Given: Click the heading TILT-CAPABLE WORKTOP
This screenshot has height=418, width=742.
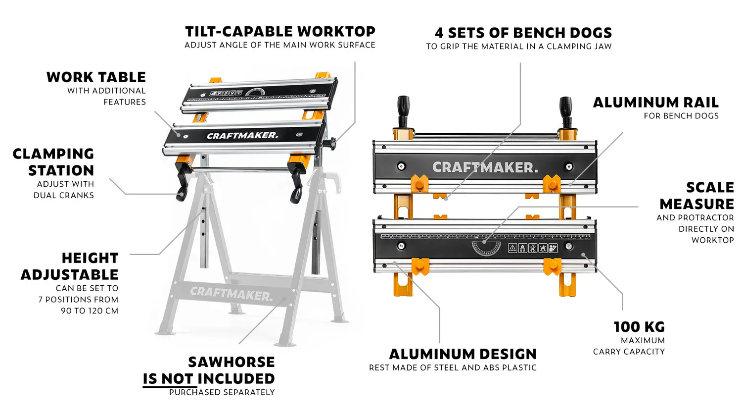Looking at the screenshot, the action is click(x=280, y=32).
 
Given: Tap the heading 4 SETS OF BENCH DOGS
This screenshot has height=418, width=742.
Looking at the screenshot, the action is click(x=523, y=33).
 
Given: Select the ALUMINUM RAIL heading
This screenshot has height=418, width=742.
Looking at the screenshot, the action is click(x=656, y=102).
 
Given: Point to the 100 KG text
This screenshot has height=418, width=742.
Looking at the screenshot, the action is click(x=639, y=327).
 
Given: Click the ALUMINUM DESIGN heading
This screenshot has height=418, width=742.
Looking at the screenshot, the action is click(x=463, y=354).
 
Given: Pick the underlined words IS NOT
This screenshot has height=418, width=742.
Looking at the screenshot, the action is click(x=168, y=378).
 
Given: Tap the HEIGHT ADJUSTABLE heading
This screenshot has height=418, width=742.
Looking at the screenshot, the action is click(x=70, y=266).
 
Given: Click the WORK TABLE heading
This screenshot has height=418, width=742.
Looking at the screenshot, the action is click(x=96, y=77).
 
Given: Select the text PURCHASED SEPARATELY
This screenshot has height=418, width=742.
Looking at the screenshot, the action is click(x=222, y=392).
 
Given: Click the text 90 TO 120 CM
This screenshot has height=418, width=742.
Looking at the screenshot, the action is click(x=90, y=311).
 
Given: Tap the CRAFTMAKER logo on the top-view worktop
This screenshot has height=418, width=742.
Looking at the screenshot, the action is click(x=485, y=167).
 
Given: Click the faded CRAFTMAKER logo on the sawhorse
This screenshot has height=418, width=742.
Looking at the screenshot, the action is click(x=231, y=294).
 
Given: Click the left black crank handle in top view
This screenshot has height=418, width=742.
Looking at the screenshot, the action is click(x=404, y=112).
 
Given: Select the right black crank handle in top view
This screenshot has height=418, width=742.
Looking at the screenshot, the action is click(x=566, y=112).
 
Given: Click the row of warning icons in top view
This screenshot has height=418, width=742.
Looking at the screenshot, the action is click(x=533, y=248).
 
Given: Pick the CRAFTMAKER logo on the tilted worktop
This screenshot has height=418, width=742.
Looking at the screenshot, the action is click(x=242, y=135).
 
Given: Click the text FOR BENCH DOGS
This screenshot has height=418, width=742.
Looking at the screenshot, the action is click(x=681, y=116).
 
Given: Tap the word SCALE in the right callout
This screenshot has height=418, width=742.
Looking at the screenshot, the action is click(x=710, y=187).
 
